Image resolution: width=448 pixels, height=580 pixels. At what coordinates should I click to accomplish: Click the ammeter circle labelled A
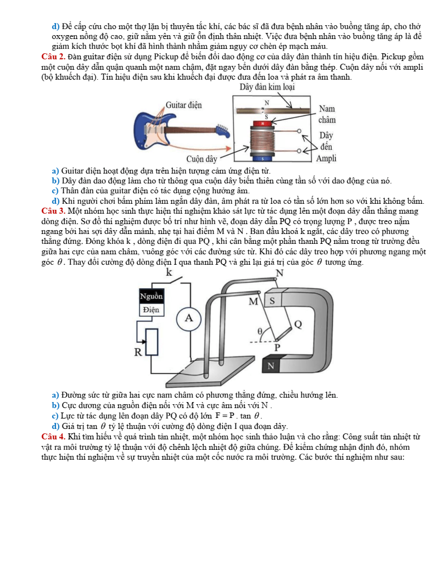[189, 318]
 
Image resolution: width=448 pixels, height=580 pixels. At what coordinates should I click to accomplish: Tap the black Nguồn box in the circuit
[151, 296]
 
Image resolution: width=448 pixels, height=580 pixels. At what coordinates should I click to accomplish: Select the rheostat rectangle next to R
[152, 342]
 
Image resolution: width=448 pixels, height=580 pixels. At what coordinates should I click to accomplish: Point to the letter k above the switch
[169, 272]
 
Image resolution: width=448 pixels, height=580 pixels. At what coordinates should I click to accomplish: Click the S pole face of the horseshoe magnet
[272, 301]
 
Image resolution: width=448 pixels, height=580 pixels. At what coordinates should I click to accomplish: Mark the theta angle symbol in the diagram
[261, 331]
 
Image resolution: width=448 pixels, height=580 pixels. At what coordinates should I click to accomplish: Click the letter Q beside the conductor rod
[298, 324]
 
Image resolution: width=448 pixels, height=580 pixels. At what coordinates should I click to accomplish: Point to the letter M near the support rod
[254, 302]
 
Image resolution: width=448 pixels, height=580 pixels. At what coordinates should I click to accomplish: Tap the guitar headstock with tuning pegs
[221, 130]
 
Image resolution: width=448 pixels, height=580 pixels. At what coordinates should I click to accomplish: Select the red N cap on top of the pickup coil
[265, 124]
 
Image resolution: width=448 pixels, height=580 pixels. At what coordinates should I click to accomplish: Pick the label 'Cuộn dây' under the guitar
[201, 159]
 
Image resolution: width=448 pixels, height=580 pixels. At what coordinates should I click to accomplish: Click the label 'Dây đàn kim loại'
[267, 87]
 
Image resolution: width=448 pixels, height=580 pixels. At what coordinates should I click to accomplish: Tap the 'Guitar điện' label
[183, 104]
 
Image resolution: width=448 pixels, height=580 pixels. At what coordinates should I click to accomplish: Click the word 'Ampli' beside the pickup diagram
[326, 159]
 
